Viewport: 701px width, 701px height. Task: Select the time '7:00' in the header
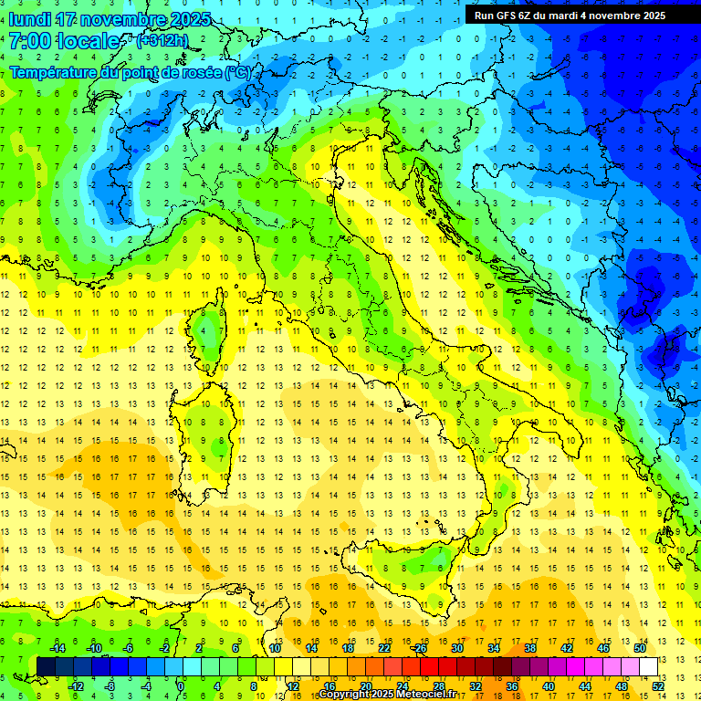pyautogui.click(x=29, y=41)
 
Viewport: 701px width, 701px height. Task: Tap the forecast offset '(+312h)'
pyautogui.click(x=163, y=41)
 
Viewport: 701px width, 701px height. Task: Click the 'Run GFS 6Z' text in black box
pyautogui.click(x=507, y=16)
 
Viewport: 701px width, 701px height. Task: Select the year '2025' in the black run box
pyautogui.click(x=651, y=16)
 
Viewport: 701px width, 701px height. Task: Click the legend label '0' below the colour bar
pyautogui.click(x=181, y=686)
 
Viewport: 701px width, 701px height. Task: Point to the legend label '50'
pyautogui.click(x=639, y=648)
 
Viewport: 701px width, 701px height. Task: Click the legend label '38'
pyautogui.click(x=529, y=648)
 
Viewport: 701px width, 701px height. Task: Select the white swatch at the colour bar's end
pyautogui.click(x=649, y=666)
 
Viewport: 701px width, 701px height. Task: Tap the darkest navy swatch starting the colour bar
pyautogui.click(x=47, y=666)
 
